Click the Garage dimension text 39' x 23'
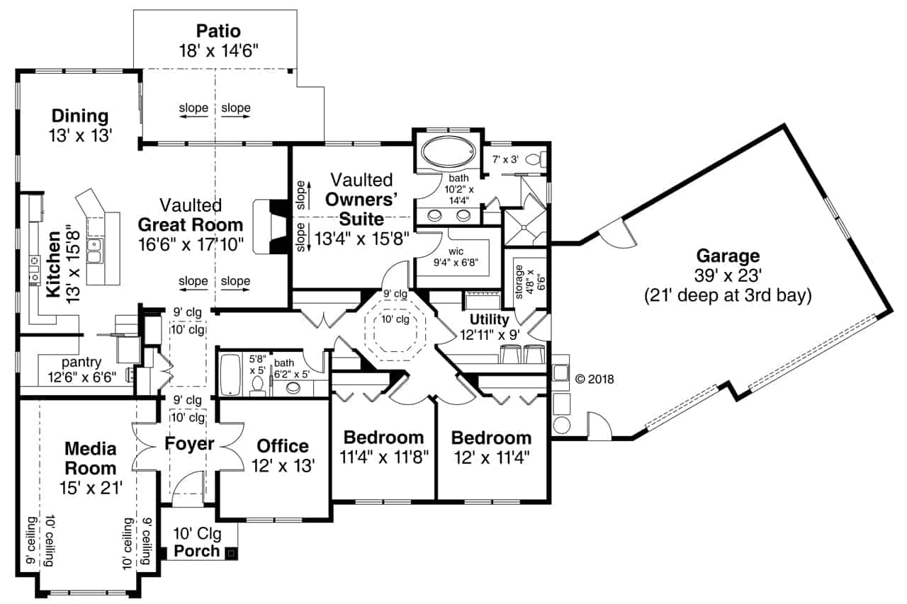click(727, 276)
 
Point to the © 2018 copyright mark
click(594, 379)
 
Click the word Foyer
click(189, 445)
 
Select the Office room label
click(283, 446)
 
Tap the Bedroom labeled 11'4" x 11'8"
click(383, 438)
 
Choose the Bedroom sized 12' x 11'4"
click(491, 438)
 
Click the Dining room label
click(79, 116)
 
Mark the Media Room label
click(90, 458)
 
